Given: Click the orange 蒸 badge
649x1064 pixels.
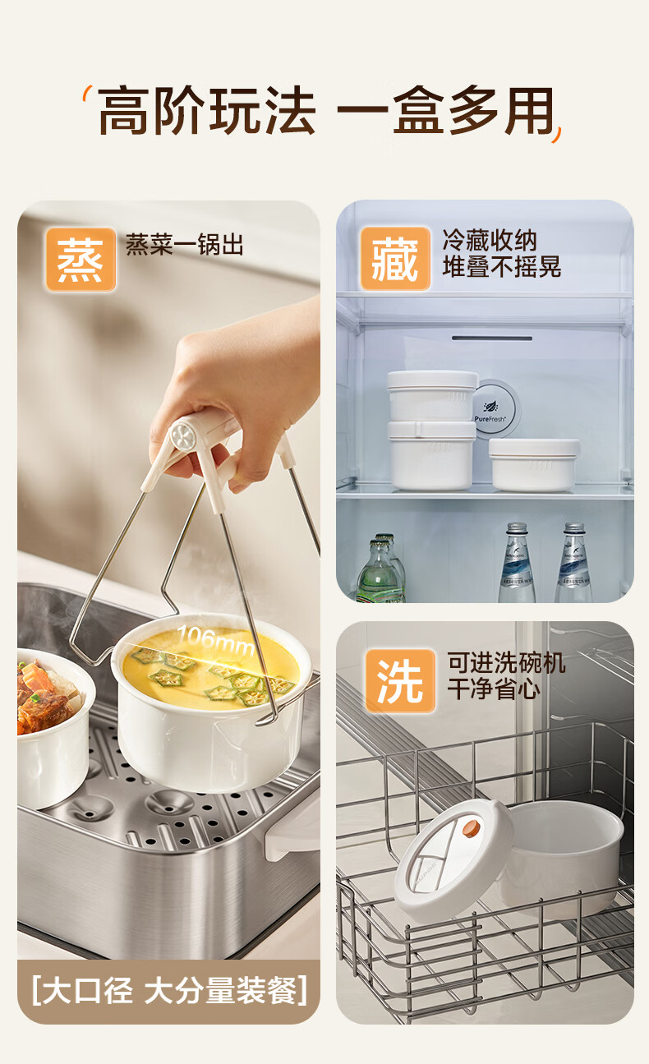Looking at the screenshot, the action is [x=81, y=260].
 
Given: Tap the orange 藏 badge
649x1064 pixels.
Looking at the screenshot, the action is [x=395, y=258].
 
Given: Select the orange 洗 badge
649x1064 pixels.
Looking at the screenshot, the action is [x=401, y=680].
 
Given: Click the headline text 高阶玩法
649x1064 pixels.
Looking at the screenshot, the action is [x=207, y=110].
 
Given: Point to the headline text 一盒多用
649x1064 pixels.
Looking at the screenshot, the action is [x=445, y=110].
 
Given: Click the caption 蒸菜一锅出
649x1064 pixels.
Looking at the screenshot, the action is [x=184, y=245].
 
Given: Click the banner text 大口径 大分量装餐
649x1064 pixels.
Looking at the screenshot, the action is [x=169, y=990].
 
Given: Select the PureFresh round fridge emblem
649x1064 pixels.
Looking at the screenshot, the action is [x=493, y=409].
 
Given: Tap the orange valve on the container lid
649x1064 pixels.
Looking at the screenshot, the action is [x=471, y=827].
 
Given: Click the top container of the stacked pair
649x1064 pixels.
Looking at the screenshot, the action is [x=431, y=396].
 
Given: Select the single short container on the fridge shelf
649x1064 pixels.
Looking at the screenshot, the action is [x=534, y=464].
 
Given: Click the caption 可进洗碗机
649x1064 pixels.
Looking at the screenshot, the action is [x=506, y=662].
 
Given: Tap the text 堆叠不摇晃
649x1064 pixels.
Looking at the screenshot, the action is [x=502, y=266].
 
